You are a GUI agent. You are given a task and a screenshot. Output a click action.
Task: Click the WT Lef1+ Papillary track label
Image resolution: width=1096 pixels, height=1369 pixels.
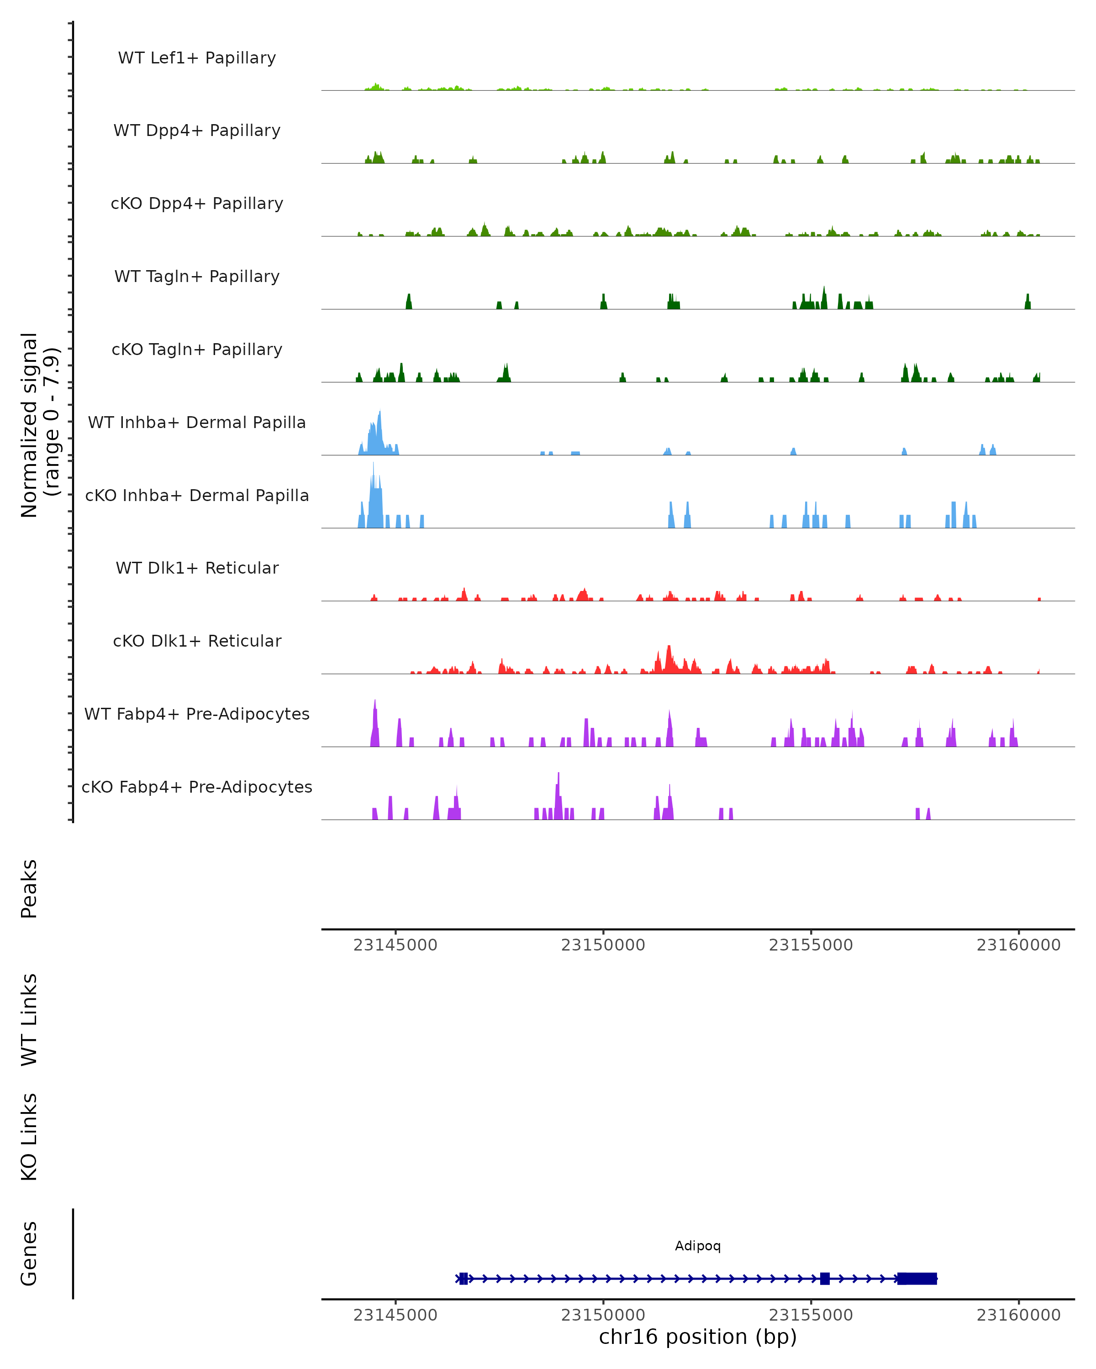[x=197, y=58]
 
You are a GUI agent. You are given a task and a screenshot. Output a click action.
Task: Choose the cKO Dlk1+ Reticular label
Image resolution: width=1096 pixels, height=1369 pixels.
[x=197, y=641]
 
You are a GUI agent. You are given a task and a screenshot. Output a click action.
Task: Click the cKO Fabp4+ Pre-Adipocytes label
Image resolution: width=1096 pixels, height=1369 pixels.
[x=197, y=787]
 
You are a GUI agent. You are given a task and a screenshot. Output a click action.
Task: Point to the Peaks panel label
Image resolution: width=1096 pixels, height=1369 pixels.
[x=29, y=888]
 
